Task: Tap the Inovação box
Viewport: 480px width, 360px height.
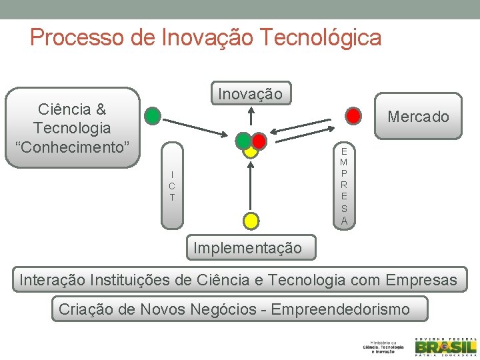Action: [250, 94]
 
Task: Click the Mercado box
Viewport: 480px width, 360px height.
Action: [418, 117]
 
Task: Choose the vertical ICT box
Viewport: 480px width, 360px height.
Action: [172, 185]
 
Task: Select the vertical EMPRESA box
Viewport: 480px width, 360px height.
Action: [344, 185]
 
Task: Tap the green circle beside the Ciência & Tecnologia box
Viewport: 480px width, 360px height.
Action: [153, 116]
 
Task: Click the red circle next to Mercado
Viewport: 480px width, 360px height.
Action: [354, 116]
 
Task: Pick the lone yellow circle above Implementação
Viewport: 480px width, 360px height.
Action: [250, 219]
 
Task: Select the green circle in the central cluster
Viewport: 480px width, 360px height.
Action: [243, 140]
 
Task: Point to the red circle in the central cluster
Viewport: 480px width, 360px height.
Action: [259, 141]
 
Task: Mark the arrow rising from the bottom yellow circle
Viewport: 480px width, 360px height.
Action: [250, 187]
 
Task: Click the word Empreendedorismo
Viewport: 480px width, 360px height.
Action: [341, 309]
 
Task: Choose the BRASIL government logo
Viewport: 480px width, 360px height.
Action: [446, 347]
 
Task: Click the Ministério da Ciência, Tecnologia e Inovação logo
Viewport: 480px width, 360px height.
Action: [383, 347]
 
